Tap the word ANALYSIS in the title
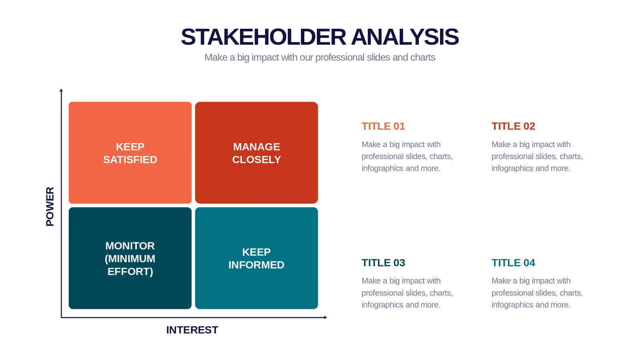point(405,37)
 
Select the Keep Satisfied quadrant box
point(130,152)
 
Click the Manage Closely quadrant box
point(256,152)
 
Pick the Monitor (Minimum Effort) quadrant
point(130,258)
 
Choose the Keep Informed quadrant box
point(256,258)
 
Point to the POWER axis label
point(50,206)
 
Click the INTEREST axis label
point(192,330)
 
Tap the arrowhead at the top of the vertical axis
point(61,90)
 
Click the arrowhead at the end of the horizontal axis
point(326,317)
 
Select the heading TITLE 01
point(383,126)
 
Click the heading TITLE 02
point(513,126)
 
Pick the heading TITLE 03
point(383,262)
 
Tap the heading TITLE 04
point(513,262)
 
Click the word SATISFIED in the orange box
point(130,160)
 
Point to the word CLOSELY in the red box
point(256,160)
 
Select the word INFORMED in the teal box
point(256,265)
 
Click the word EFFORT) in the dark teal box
point(130,272)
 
